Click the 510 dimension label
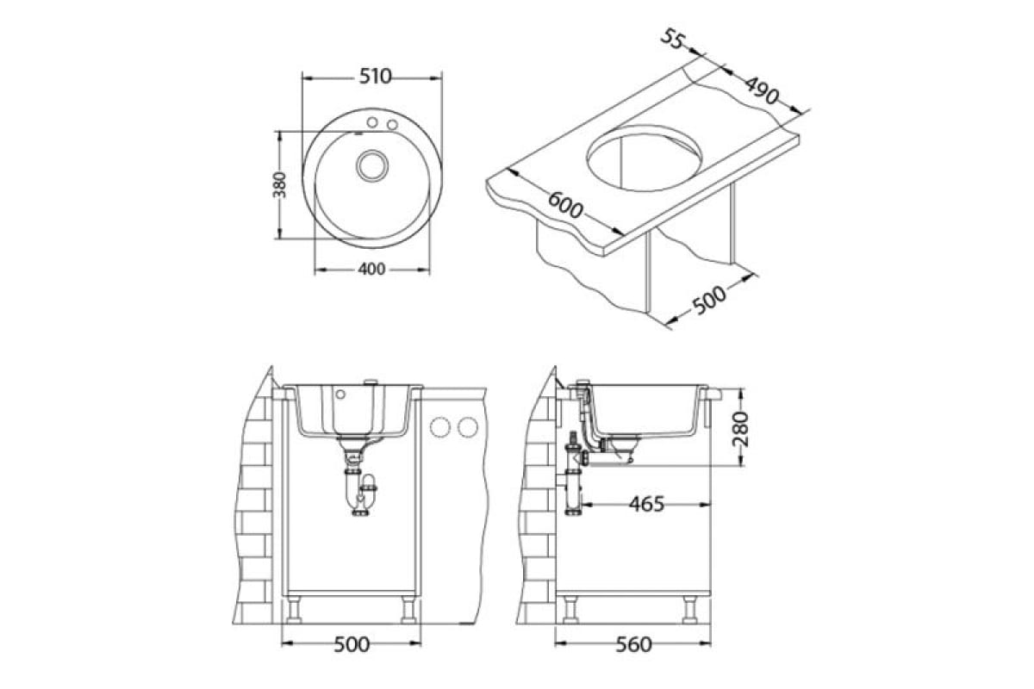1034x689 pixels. point(376,77)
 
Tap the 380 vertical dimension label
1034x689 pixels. point(280,184)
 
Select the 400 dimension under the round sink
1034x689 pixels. point(371,269)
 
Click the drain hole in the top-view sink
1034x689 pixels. point(371,165)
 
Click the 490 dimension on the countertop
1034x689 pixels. point(762,90)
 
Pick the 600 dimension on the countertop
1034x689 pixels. point(565,205)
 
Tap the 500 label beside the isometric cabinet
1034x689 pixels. point(709,300)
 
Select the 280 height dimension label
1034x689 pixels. point(740,429)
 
